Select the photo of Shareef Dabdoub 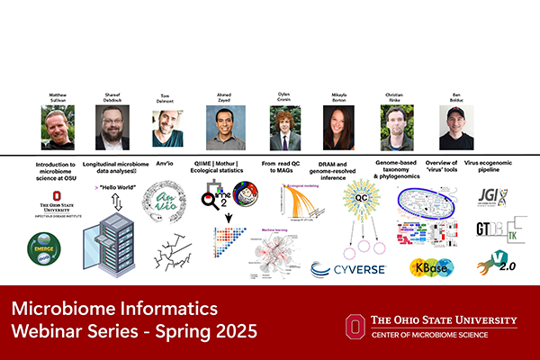pyautogui.click(x=112, y=128)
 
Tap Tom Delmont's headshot pyautogui.click(x=167, y=128)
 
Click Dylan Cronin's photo pyautogui.click(x=284, y=128)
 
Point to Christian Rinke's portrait pyautogui.click(x=396, y=128)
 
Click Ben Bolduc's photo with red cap pyautogui.click(x=456, y=128)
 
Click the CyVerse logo pyautogui.click(x=348, y=268)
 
